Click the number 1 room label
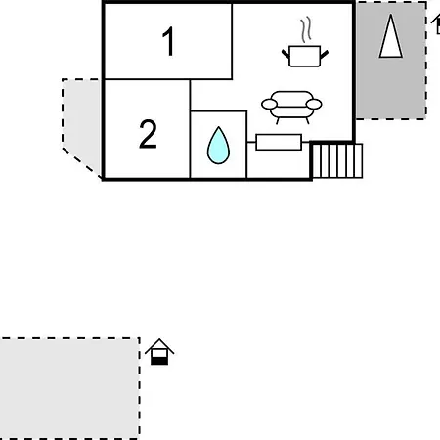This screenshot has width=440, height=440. (169, 41)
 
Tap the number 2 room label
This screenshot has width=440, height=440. (148, 134)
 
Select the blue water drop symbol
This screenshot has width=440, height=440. (218, 146)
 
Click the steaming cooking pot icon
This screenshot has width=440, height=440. (305, 42)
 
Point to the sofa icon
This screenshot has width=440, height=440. (291, 107)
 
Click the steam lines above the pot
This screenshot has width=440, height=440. (305, 29)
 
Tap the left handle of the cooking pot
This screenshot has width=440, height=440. (286, 54)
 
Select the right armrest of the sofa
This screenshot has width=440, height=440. (314, 104)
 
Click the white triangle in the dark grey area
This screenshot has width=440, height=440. (391, 36)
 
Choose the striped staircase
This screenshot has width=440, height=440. (337, 160)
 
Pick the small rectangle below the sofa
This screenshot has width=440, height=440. (279, 142)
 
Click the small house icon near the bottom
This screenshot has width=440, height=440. (159, 352)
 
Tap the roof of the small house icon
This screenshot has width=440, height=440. (159, 345)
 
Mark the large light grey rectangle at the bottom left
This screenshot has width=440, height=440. (69, 389)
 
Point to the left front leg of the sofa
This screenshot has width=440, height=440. (278, 121)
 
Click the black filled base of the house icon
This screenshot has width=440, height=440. (159, 361)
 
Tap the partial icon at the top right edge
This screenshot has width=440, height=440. (436, 24)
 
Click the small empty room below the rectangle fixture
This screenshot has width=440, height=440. (279, 164)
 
